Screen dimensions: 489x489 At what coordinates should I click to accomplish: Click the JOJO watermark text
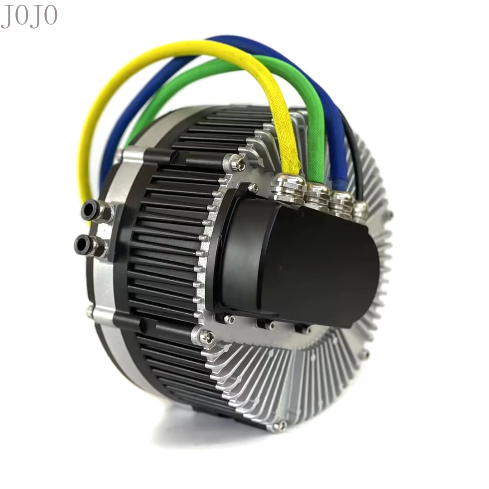(29, 16)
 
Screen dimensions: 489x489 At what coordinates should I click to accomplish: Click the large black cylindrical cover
(299, 265)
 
